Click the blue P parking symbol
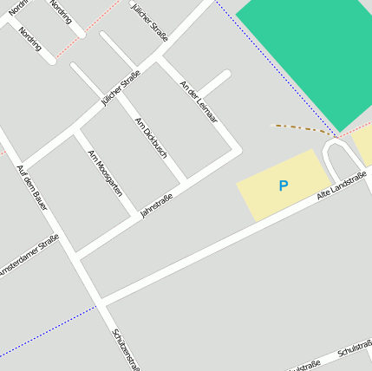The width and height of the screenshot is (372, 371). point(283,185)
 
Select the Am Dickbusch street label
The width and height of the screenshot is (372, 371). point(151,137)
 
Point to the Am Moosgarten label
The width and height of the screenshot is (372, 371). point(105,172)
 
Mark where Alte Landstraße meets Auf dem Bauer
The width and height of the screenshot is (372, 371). point(101,302)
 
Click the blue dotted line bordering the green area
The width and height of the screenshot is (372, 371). point(260,61)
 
